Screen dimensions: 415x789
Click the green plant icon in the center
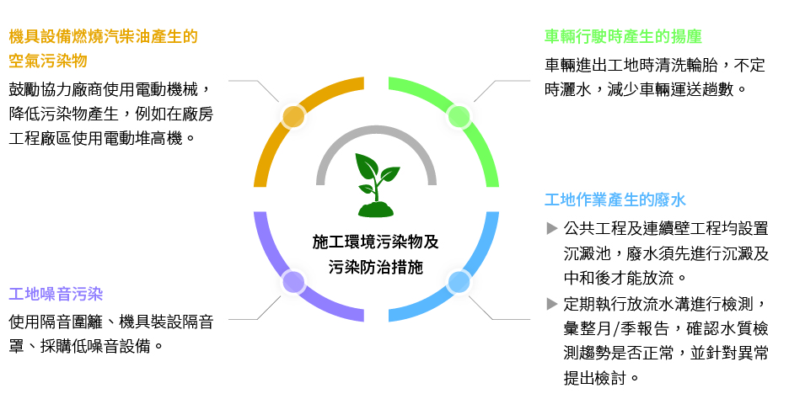376,184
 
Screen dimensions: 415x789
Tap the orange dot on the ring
293,116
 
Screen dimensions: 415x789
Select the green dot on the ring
459,116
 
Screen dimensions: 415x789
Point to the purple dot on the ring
293,282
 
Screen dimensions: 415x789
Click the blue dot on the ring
459,282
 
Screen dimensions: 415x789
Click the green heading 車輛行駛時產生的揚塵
623,37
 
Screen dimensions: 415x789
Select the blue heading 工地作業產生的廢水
615,200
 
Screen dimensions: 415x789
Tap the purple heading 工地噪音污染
56,295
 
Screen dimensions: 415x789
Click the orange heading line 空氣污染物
48,61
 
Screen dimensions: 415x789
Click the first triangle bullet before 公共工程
552,228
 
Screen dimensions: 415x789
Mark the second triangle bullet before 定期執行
552,303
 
